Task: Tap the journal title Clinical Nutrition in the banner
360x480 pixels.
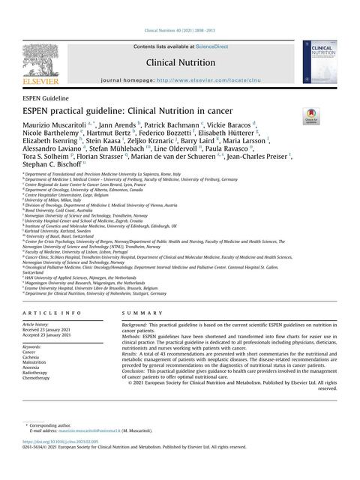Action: (180, 64)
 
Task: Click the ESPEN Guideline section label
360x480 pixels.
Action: (46, 98)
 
